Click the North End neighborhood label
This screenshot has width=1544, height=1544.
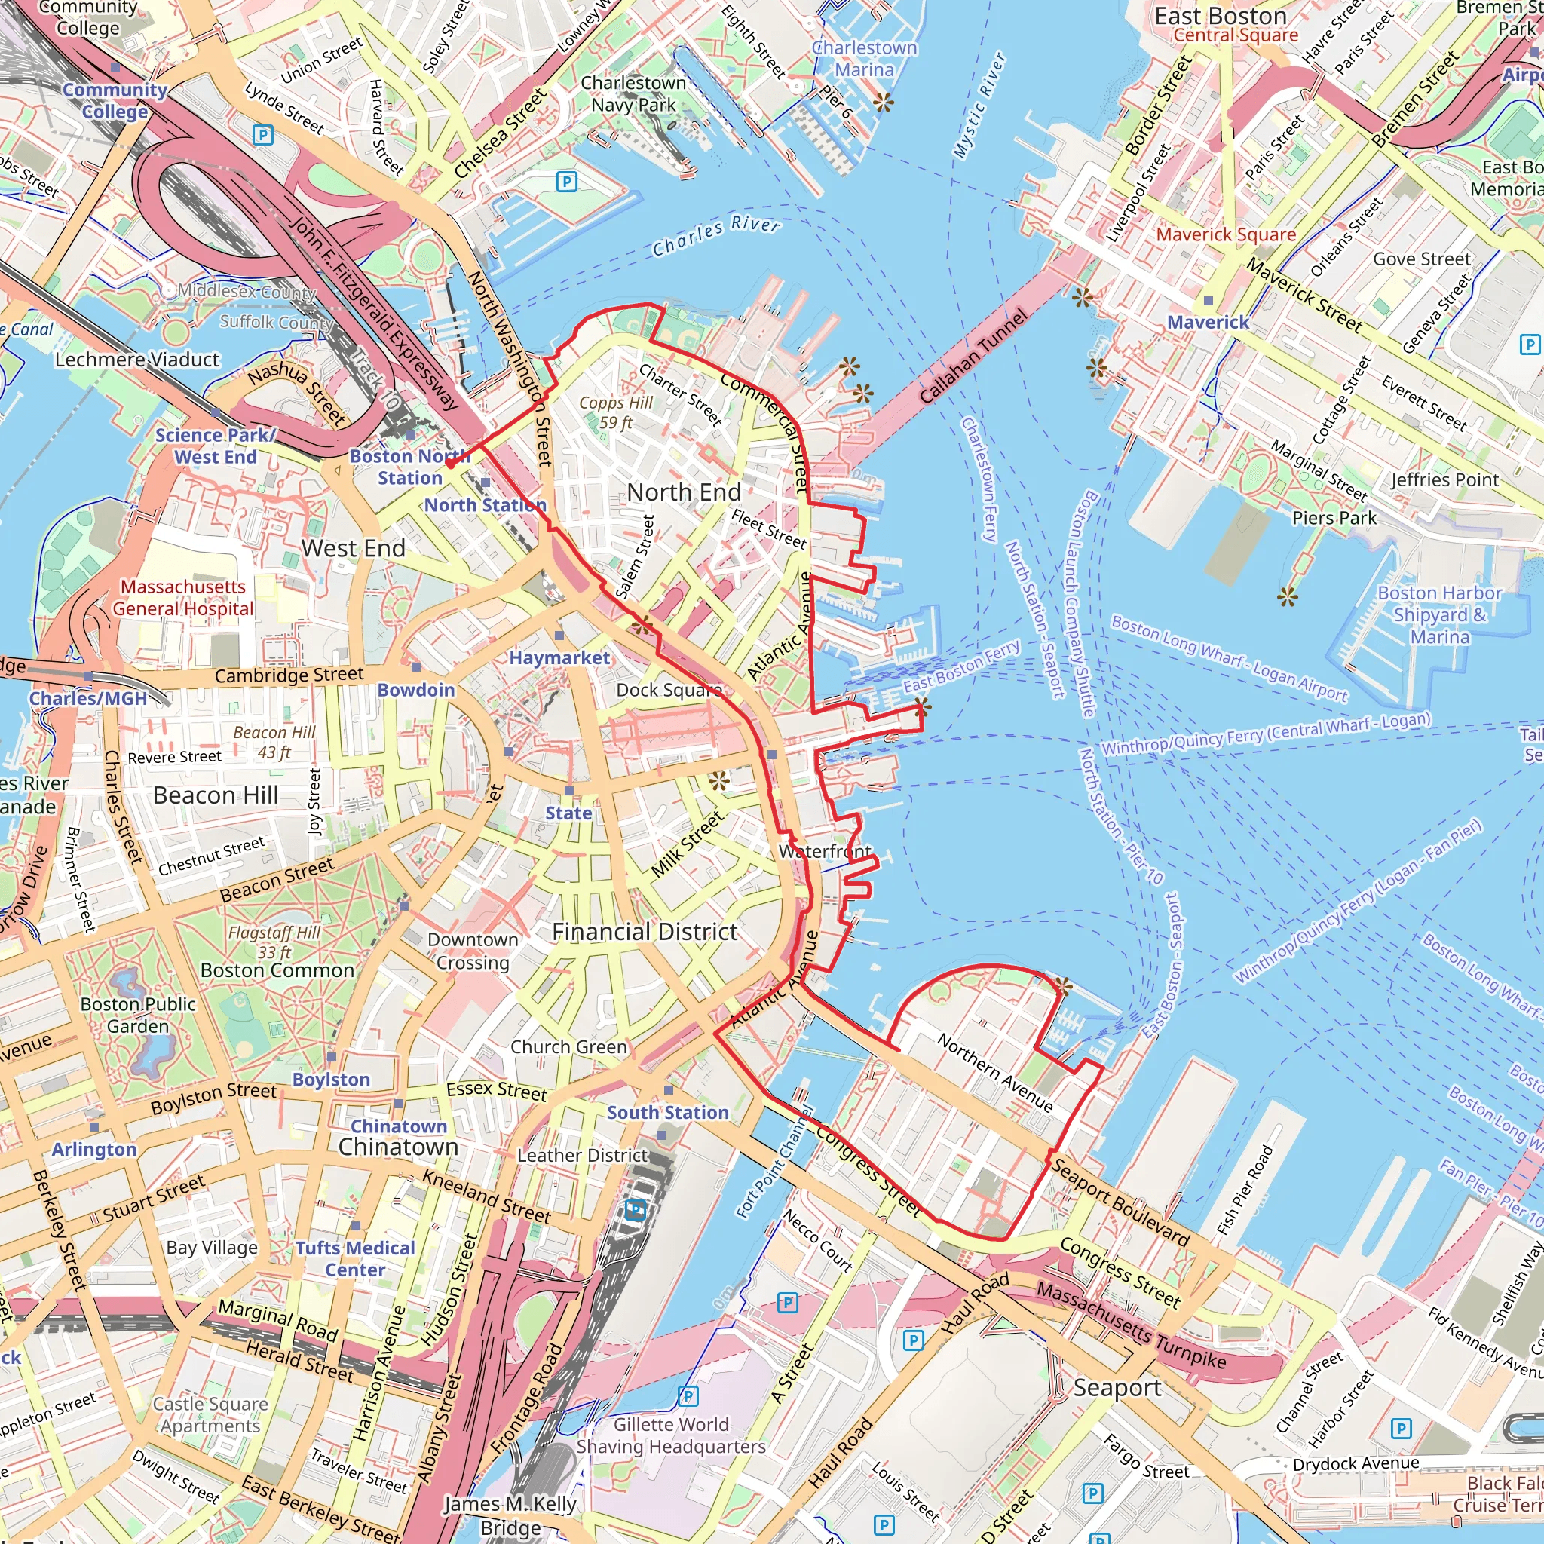pyautogui.click(x=683, y=492)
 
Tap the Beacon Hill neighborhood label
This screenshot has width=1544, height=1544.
pyautogui.click(x=216, y=795)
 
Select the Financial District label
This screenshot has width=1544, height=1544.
pyautogui.click(x=645, y=932)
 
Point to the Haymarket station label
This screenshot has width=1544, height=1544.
pyautogui.click(x=559, y=657)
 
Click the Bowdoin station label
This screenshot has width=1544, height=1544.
pyautogui.click(x=415, y=690)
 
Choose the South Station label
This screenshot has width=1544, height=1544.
pyautogui.click(x=667, y=1113)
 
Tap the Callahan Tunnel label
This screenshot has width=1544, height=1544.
pyautogui.click(x=972, y=357)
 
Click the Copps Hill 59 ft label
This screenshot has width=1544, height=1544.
pyautogui.click(x=615, y=412)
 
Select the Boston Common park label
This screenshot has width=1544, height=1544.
pyautogui.click(x=277, y=970)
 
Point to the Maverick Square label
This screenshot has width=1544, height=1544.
pyautogui.click(x=1226, y=234)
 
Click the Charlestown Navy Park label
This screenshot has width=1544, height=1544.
pyautogui.click(x=633, y=93)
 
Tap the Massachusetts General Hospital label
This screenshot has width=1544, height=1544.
pyautogui.click(x=183, y=598)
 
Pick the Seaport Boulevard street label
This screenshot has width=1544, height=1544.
pyautogui.click(x=1119, y=1201)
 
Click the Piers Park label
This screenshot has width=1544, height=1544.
pyautogui.click(x=1334, y=518)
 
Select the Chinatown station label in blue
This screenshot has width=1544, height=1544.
pyautogui.click(x=399, y=1126)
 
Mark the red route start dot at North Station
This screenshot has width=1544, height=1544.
pyautogui.click(x=450, y=464)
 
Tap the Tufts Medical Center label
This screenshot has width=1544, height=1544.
pyautogui.click(x=355, y=1259)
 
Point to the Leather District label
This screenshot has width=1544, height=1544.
pyautogui.click(x=582, y=1156)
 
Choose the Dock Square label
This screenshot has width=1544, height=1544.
pyautogui.click(x=668, y=690)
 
